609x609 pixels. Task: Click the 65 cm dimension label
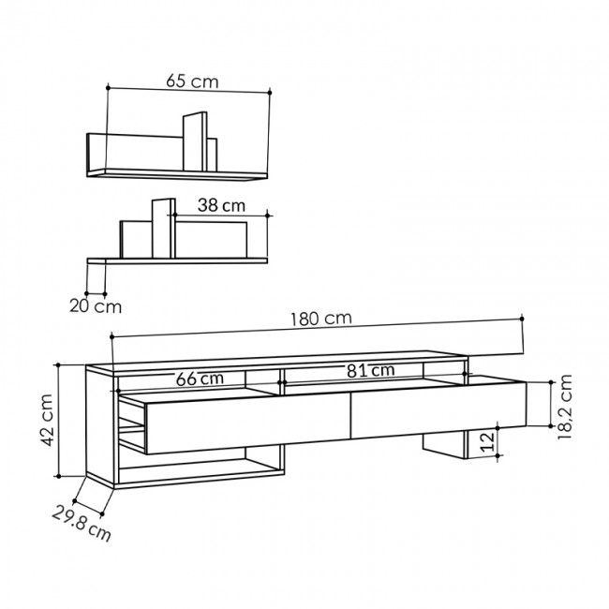tap(192, 82)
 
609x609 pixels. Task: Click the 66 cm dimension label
tap(200, 379)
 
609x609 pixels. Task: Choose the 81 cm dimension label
tap(369, 371)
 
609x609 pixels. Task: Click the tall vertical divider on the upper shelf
tap(194, 141)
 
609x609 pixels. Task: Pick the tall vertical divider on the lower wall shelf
tap(161, 228)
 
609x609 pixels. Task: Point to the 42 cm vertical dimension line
tap(60, 420)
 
